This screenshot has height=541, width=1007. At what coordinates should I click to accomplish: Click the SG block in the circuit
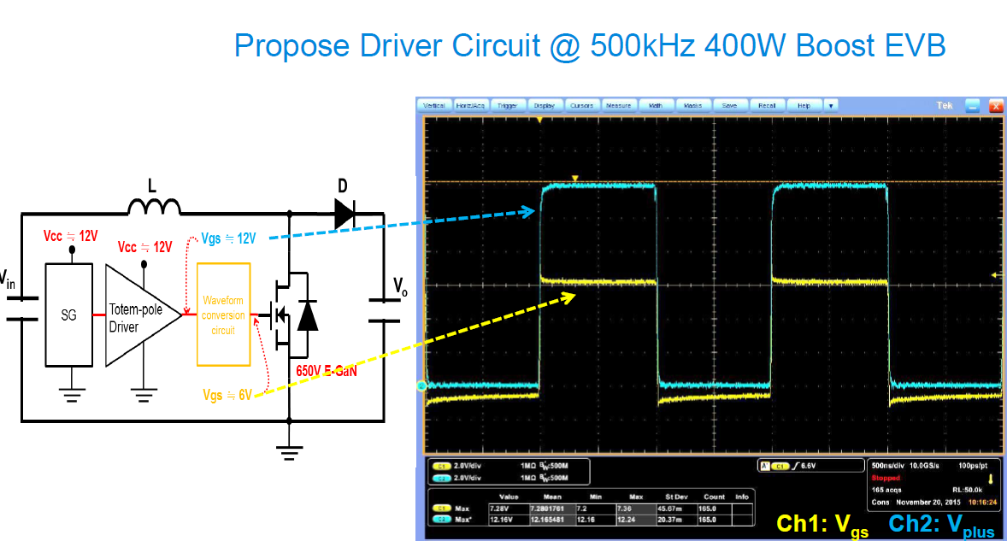[68, 315]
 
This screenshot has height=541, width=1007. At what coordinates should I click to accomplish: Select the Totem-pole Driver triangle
[137, 316]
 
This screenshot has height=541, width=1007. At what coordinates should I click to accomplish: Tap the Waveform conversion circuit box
[223, 315]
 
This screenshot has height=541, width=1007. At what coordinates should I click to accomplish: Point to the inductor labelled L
[154, 205]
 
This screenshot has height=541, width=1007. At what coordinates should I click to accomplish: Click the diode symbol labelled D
[344, 213]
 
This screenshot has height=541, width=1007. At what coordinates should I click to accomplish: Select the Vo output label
[399, 285]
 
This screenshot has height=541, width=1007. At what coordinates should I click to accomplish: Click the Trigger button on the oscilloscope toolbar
[507, 105]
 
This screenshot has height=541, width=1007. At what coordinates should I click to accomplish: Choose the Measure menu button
[617, 105]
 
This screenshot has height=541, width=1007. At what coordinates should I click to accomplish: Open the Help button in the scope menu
[804, 105]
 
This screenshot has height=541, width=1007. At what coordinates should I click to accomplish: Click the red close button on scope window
[994, 105]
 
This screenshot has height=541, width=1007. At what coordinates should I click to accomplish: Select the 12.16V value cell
[501, 519]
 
